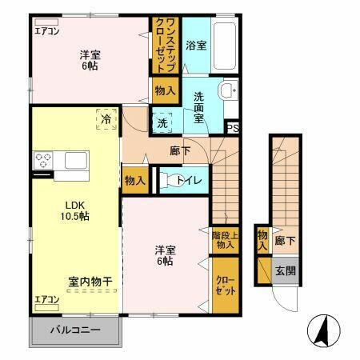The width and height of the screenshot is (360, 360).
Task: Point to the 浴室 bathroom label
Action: pos(196,45)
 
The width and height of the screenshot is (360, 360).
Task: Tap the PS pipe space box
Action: pos(233,127)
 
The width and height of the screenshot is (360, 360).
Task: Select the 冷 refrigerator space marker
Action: pos(106,118)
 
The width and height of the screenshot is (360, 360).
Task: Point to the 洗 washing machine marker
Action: pos(162,124)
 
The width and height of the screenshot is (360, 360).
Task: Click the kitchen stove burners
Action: pos(43,159)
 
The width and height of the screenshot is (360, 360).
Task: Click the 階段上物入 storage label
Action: pos(224,240)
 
